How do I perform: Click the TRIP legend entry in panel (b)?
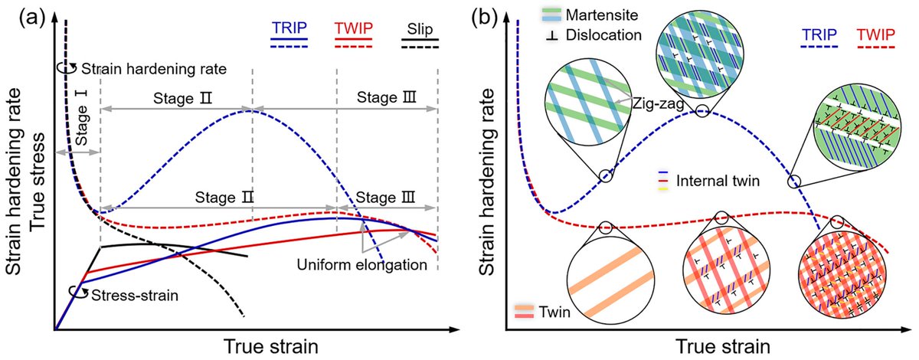(x=816, y=34)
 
